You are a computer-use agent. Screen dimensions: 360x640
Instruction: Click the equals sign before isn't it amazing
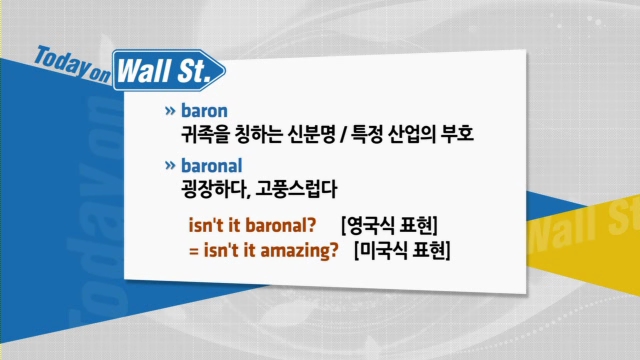193,251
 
